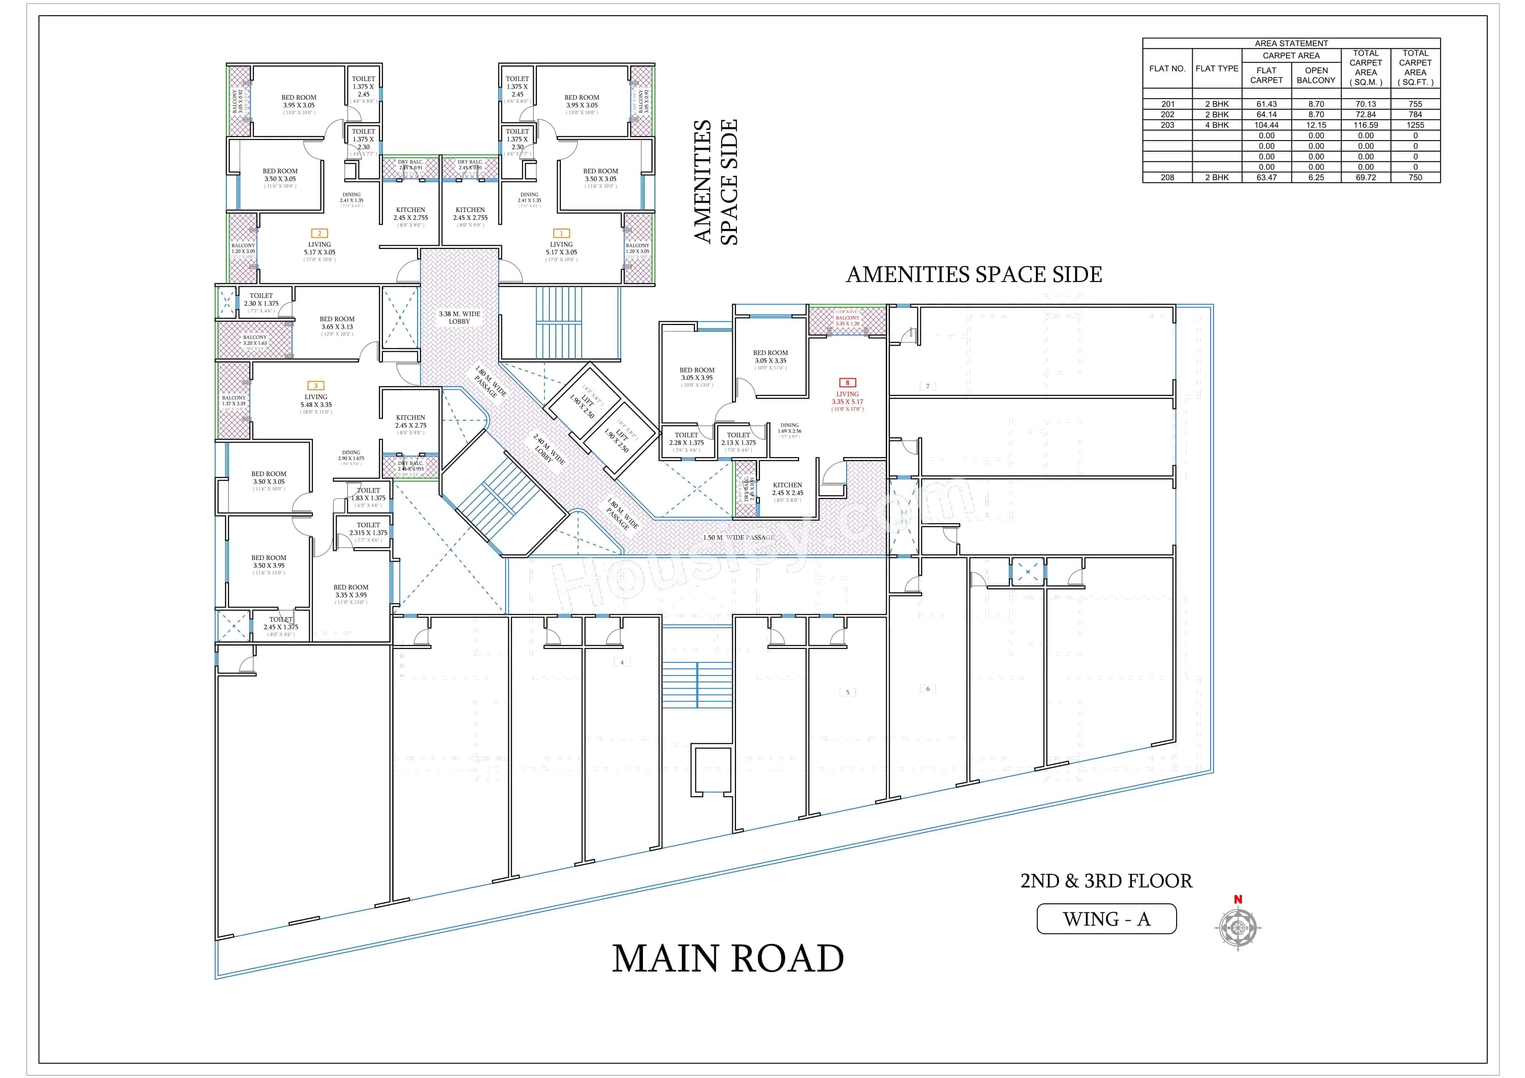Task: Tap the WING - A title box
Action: pos(1106,919)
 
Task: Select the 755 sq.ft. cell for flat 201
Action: pos(1415,104)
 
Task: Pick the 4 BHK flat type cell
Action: pos(1216,125)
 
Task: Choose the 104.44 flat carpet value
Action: pos(1266,125)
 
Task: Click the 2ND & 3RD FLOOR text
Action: pos(1106,881)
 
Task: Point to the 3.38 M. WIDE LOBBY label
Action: pos(459,318)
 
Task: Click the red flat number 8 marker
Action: pos(847,383)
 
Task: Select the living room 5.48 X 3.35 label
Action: pos(316,401)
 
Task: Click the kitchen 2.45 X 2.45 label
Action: pos(787,489)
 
